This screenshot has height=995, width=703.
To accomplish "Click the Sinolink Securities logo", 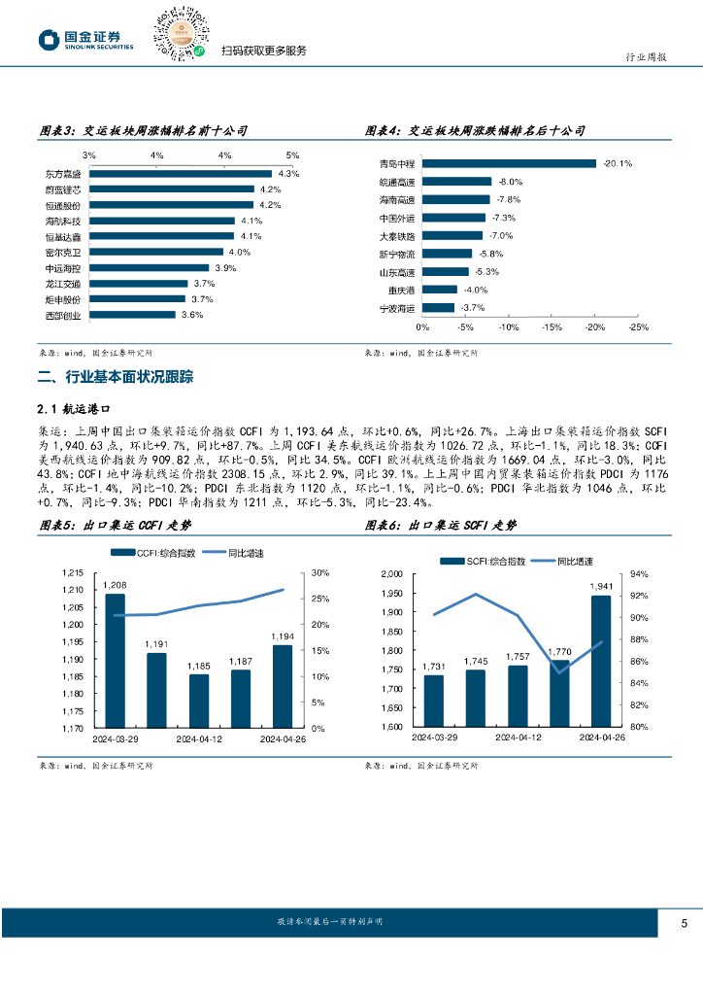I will (x=85, y=39).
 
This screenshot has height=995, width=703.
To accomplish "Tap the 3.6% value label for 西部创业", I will (x=192, y=315).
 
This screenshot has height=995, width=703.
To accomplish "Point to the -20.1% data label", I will (x=618, y=163).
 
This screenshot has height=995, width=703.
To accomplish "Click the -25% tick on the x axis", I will (x=639, y=327).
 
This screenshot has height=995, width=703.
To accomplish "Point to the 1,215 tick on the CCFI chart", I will (x=73, y=572).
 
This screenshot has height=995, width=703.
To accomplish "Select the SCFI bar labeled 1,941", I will (x=601, y=661).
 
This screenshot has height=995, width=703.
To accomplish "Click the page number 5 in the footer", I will (x=685, y=923).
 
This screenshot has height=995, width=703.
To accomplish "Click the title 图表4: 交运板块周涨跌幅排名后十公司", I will (x=475, y=131).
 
